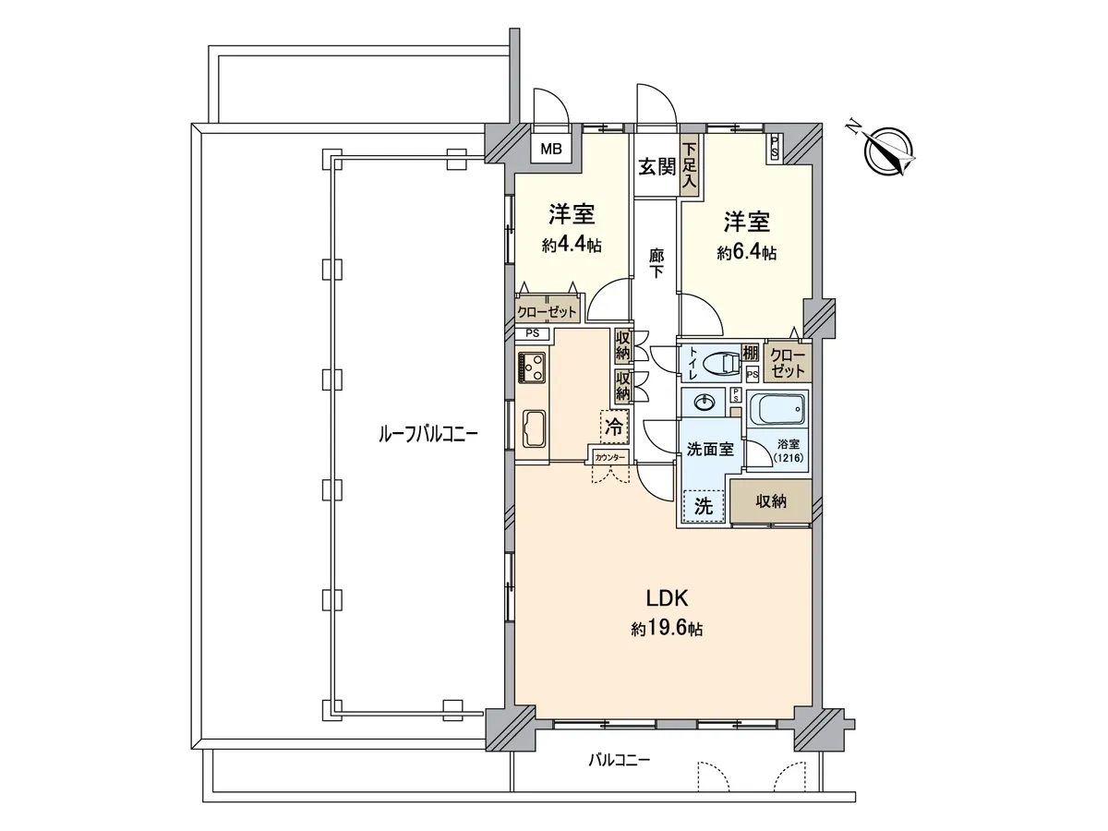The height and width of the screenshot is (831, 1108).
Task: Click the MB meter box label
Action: [550, 149]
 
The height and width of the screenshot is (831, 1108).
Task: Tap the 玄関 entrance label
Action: [656, 166]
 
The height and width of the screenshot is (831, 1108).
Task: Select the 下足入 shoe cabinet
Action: [689, 165]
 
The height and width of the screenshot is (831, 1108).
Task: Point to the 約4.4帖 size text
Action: [572, 246]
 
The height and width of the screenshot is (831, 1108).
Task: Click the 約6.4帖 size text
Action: [747, 253]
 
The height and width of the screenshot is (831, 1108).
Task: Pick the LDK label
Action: [668, 598]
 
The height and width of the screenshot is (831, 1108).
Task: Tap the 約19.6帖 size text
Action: [667, 629]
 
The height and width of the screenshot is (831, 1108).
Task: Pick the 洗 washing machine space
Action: [704, 506]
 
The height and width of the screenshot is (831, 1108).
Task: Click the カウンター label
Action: [610, 458]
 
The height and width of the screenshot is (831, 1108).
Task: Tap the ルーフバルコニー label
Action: [428, 433]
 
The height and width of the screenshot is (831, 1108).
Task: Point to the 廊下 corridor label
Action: [656, 263]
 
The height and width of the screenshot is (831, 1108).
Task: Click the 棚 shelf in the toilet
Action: [750, 353]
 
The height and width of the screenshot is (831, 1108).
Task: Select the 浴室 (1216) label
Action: [789, 451]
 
